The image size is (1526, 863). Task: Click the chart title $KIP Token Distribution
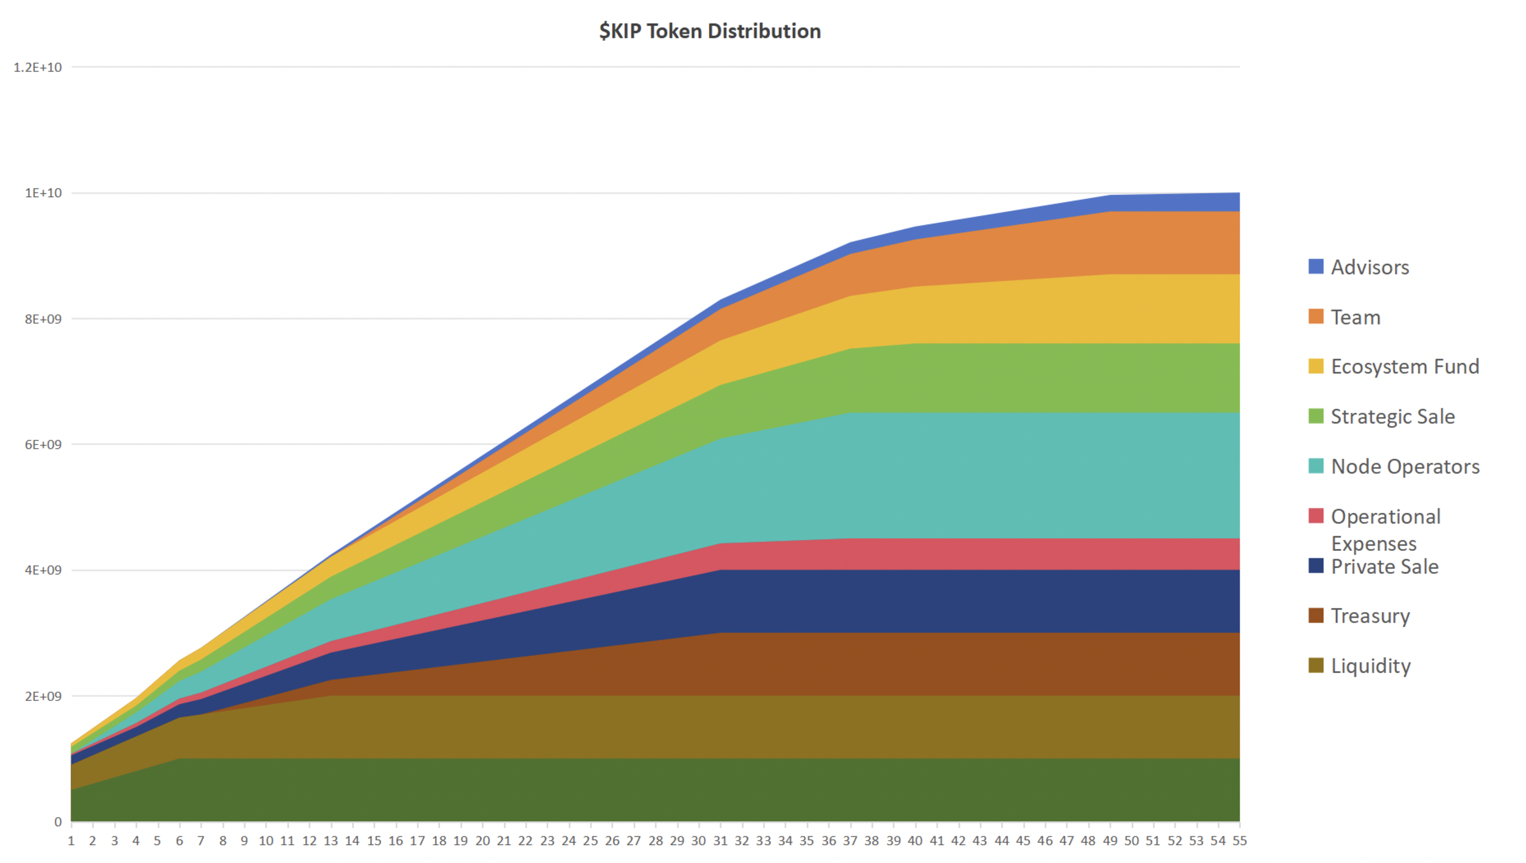[x=710, y=31]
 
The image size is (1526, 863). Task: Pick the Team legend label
[x=1356, y=317]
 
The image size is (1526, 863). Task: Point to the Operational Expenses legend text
[x=1385, y=529]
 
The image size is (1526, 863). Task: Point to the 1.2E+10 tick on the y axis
[x=38, y=67]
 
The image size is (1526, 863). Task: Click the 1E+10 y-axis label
[x=43, y=193]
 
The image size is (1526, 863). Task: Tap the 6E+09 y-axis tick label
[x=43, y=445]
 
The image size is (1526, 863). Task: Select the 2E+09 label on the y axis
[x=43, y=697]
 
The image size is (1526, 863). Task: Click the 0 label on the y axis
[x=58, y=822]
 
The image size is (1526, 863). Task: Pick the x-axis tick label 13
[x=331, y=841]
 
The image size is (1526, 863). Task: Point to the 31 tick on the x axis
[x=720, y=841]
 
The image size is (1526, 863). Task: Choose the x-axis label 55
[x=1239, y=841]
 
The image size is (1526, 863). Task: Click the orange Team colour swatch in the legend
[x=1316, y=316]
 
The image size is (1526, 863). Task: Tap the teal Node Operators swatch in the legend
[x=1316, y=466]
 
